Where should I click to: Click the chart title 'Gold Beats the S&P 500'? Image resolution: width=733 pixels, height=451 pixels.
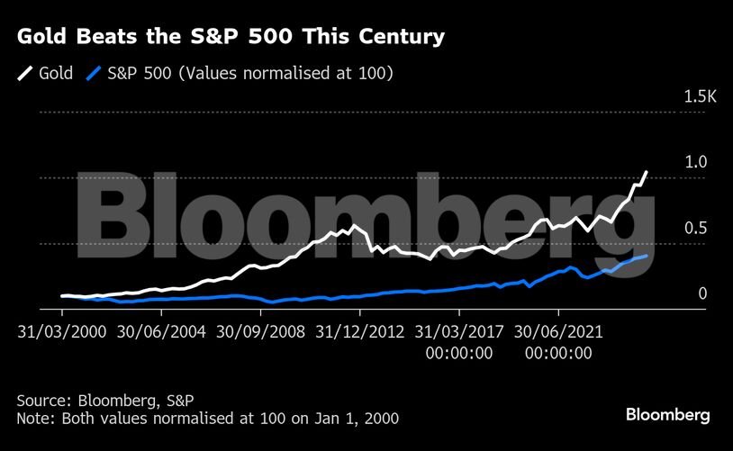(x=231, y=37)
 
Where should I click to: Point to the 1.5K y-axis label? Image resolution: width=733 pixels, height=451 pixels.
(x=698, y=96)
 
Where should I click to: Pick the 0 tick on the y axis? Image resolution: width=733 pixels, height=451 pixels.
(x=702, y=293)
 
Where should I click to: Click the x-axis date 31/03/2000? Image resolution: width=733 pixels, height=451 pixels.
(x=62, y=331)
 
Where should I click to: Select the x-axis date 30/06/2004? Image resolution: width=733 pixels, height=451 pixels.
(x=161, y=331)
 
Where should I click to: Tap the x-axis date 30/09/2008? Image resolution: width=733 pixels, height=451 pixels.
(x=260, y=331)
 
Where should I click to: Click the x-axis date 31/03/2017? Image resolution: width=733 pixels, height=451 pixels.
(x=458, y=331)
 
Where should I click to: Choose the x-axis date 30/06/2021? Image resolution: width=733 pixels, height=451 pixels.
(x=557, y=331)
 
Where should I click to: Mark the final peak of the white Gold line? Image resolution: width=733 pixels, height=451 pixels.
(x=646, y=171)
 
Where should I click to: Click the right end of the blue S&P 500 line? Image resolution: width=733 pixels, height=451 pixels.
(x=645, y=256)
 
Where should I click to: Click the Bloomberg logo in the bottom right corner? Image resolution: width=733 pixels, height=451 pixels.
(x=667, y=415)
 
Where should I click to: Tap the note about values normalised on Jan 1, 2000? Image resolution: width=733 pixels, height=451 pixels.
(x=207, y=419)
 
